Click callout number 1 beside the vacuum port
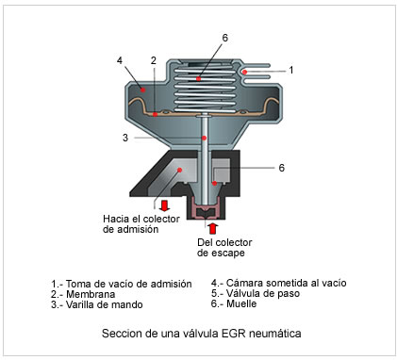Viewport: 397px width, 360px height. tap(291, 70)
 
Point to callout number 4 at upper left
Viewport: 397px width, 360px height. tap(120, 60)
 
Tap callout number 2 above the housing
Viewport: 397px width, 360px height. tap(154, 60)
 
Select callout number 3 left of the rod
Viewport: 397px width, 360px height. tap(125, 138)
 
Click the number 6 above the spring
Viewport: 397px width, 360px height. tap(225, 38)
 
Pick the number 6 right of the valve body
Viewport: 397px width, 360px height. tap(282, 168)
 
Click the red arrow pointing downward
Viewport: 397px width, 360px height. tap(164, 205)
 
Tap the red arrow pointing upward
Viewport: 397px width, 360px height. tap(213, 228)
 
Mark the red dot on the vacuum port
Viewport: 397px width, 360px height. tap(244, 73)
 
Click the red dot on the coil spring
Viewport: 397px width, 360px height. tap(198, 78)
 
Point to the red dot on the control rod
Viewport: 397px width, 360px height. tap(205, 138)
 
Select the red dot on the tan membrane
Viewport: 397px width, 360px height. tap(155, 114)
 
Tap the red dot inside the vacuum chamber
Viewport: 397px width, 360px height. tap(142, 90)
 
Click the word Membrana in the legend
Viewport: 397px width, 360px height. tap(91, 294)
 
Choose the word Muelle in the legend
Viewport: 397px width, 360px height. tap(241, 303)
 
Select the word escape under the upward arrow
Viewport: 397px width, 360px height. tap(227, 254)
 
